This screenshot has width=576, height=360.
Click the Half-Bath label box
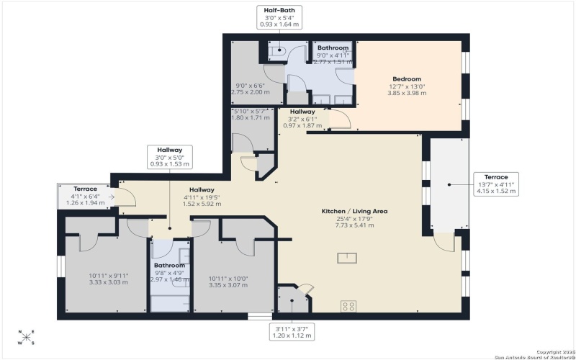[x=279, y=17]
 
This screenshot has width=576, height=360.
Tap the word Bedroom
[x=407, y=79]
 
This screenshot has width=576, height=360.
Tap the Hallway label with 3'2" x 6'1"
[x=302, y=112]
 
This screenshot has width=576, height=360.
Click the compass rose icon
[x=25, y=337]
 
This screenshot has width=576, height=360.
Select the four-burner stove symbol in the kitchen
[x=348, y=306]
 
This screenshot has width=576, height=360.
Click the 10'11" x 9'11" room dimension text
[x=107, y=279]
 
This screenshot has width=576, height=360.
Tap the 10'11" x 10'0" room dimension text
[x=228, y=282]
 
